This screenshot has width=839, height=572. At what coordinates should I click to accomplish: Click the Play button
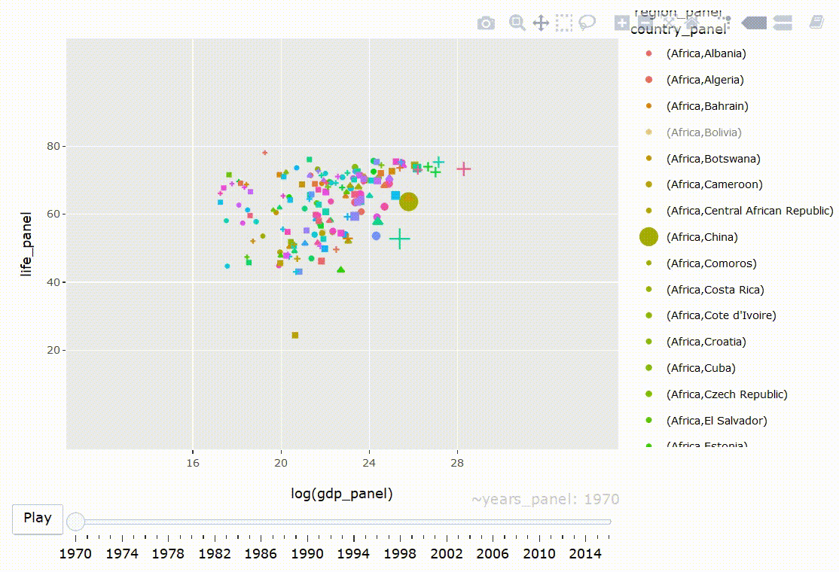coord(38,518)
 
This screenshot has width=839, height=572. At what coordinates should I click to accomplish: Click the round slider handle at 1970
coord(76,521)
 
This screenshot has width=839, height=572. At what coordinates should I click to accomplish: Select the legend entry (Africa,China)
coord(701,237)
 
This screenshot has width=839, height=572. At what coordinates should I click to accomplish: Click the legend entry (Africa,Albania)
coord(706,53)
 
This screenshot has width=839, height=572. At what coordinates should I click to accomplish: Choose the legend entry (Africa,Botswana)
coord(712,159)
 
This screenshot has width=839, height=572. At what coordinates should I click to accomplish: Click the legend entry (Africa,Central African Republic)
coord(749,211)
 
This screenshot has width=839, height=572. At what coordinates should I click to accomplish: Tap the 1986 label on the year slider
coord(261,554)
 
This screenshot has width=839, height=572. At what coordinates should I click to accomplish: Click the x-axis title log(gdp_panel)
coord(342,494)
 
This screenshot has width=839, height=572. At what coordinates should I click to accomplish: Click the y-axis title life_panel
coord(28,244)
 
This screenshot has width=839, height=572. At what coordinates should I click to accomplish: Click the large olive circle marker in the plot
coord(409,201)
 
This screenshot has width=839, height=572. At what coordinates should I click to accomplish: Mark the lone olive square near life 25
coord(295,335)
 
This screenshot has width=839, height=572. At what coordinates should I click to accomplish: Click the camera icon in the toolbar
coord(487,23)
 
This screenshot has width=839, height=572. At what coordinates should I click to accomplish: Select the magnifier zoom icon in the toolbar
coord(517,23)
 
